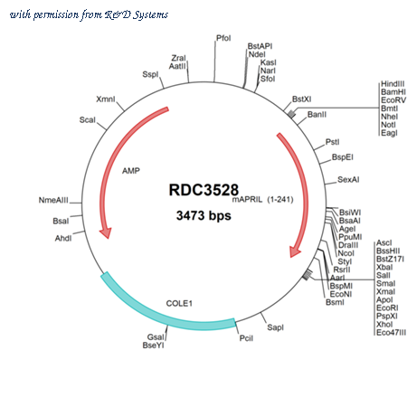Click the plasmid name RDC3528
pyautogui.click(x=203, y=190)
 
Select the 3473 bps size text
pyautogui.click(x=203, y=215)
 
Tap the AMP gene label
pyautogui.click(x=131, y=171)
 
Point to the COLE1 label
pyautogui.click(x=179, y=303)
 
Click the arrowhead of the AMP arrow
pyautogui.click(x=106, y=233)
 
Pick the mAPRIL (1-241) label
pyautogui.click(x=262, y=199)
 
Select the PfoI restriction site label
pyautogui.click(x=223, y=38)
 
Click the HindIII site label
pyautogui.click(x=393, y=84)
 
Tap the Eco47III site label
pyautogui.click(x=391, y=333)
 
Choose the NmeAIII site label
pyautogui.click(x=53, y=200)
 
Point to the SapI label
pyautogui.click(x=275, y=327)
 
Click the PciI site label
pyautogui.click(x=246, y=338)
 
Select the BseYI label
pyautogui.click(x=153, y=345)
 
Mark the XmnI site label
pyautogui.click(x=106, y=99)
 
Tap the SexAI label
pyautogui.click(x=348, y=180)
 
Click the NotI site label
pyautogui.click(x=388, y=125)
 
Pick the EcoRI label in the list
pyautogui.click(x=387, y=308)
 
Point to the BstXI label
pyautogui.click(x=301, y=99)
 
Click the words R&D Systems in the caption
pyautogui.click(x=137, y=14)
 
